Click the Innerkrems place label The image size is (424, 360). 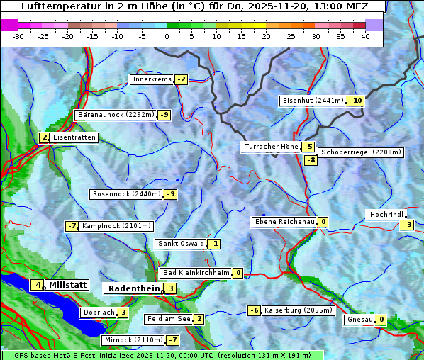point(152,79)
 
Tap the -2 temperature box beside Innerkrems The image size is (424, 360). point(181,79)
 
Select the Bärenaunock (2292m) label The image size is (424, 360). point(115,114)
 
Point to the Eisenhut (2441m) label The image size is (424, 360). point(313,101)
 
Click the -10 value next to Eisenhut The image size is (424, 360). point(355,101)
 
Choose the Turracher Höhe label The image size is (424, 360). point(271,147)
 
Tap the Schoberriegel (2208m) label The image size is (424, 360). point(361,152)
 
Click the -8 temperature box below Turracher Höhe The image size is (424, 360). point(311,160)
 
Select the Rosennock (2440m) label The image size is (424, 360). point(126,194)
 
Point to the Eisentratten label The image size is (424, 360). point(74,137)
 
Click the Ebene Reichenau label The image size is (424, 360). point(284,222)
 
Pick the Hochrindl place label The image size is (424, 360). point(386,215)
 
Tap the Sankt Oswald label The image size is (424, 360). point(181,244)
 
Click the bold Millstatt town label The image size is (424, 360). point(67,285)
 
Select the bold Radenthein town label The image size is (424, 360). point(134,288)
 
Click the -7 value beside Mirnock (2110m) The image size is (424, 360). point(172,340)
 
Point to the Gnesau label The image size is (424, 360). point(359,320)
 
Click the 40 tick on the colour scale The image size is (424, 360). point(365,35)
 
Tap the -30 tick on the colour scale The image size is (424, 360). point(18,35)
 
